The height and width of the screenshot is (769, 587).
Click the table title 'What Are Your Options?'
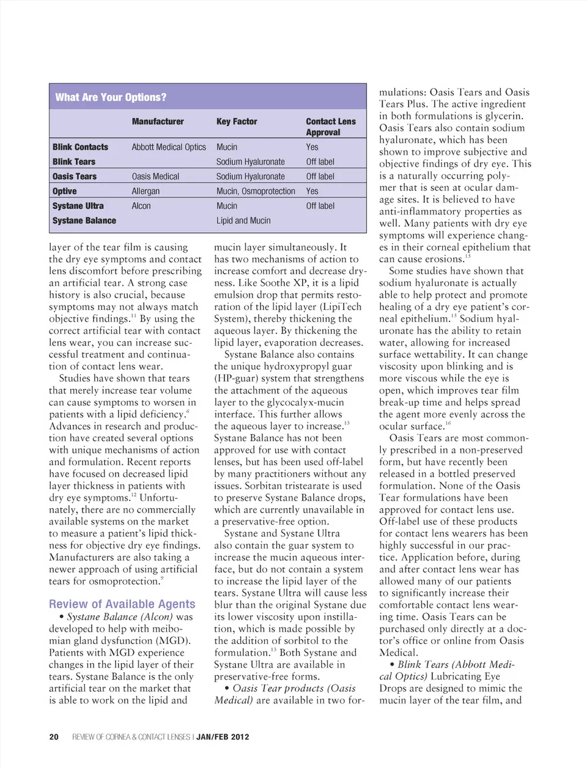[111, 97]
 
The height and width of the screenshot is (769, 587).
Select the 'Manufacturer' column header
[158, 121]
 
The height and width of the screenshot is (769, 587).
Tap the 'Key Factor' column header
[237, 121]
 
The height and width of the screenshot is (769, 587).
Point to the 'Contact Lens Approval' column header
[331, 127]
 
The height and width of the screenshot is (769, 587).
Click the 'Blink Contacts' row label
[80, 147]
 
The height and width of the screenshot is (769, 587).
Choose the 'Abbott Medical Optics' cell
[169, 147]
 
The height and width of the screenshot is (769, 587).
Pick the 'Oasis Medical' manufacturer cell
[155, 176]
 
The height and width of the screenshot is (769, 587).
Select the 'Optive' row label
[65, 191]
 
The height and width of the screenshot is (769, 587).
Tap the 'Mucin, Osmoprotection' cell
[256, 191]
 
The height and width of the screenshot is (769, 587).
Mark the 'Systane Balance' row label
[84, 220]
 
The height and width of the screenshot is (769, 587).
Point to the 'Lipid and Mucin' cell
[243, 220]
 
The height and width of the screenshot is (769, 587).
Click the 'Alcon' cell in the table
[141, 206]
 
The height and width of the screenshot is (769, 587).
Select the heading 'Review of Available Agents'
[122, 604]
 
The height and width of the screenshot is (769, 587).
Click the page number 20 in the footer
[54, 737]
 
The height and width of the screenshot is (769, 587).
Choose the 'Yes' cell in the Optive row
[312, 191]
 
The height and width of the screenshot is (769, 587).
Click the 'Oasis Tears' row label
[75, 176]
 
